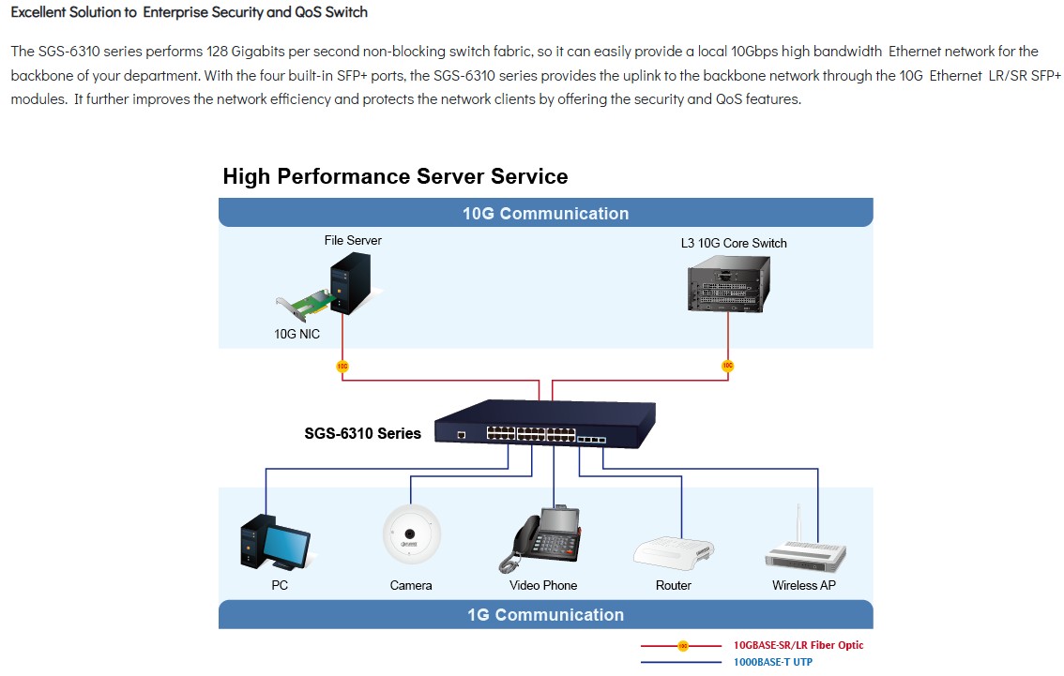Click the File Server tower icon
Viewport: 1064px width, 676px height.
[x=350, y=283]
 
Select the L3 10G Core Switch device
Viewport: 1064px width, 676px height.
[x=729, y=288]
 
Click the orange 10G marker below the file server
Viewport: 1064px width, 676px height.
[x=342, y=367]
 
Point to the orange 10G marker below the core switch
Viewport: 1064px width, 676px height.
[x=727, y=367]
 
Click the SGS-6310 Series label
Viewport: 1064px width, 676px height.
[x=362, y=433]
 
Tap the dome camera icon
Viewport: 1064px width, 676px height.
[x=411, y=534]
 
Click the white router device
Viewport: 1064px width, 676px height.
[x=673, y=552]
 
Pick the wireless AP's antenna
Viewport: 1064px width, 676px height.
[x=798, y=523]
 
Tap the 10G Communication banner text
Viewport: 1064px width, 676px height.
[x=545, y=214]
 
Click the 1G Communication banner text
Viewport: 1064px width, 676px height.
[x=545, y=615]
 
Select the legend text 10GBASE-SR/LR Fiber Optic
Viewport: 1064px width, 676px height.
[x=798, y=645]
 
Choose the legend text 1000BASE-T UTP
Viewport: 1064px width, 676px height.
[x=773, y=662]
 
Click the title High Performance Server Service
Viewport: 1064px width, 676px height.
[x=396, y=176]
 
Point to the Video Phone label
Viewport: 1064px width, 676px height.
[x=543, y=585]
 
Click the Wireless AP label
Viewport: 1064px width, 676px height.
[x=803, y=585]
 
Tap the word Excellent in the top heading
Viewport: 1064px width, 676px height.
[x=38, y=12]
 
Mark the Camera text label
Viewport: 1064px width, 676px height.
[x=411, y=585]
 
